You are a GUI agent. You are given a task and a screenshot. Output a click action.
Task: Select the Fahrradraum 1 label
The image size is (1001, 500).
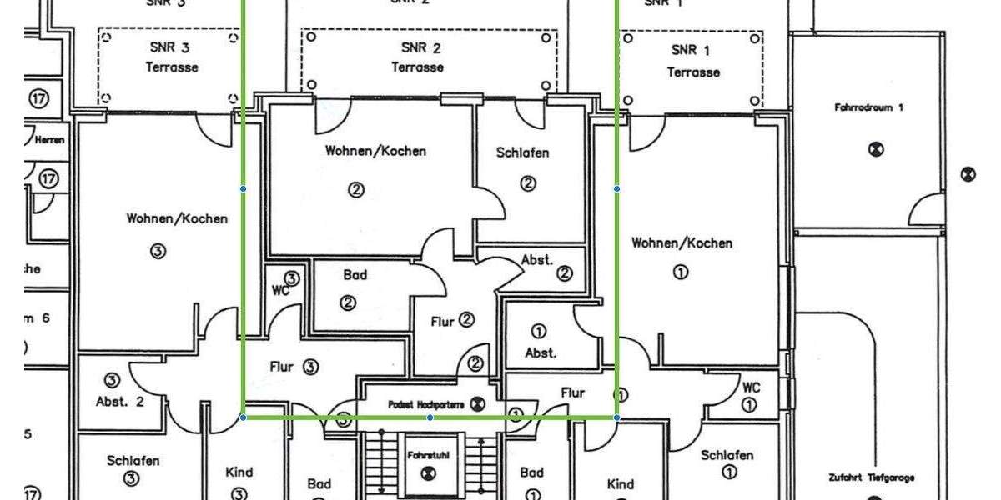[x=868, y=107]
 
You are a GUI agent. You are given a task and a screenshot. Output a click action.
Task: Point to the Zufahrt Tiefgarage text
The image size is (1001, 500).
[x=873, y=477]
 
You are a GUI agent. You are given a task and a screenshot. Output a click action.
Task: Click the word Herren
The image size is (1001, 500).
[x=49, y=140]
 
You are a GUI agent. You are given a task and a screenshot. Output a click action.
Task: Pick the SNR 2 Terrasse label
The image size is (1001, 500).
[x=420, y=57]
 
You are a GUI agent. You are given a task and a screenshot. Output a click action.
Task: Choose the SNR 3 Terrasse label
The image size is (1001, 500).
[x=172, y=57]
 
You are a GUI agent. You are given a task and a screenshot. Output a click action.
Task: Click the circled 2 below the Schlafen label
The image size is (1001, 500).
[x=527, y=183]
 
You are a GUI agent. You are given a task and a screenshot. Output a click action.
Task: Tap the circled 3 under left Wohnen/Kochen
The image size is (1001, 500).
[x=157, y=250]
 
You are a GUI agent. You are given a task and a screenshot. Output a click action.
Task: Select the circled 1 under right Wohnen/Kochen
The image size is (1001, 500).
[x=680, y=272]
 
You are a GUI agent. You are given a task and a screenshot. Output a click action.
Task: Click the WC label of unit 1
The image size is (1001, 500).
[x=751, y=387]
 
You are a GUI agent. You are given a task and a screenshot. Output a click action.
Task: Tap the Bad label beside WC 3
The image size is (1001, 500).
[x=355, y=274]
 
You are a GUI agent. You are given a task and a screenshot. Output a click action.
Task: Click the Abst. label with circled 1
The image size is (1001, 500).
[x=541, y=352]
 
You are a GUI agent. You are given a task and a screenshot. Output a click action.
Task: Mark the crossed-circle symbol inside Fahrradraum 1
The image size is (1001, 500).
[x=875, y=150]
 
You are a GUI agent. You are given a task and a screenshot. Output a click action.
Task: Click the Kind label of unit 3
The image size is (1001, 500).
[x=239, y=472]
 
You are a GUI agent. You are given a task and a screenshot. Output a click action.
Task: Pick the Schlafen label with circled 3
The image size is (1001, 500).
[x=133, y=460]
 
